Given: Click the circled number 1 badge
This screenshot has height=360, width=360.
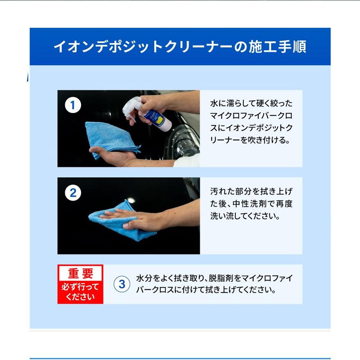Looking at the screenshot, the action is tap(73, 105).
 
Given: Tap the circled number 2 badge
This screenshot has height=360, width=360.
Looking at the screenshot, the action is tap(73, 193).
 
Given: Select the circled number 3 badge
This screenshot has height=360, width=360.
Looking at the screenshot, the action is tap(122, 284).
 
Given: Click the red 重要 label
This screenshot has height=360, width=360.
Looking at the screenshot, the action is tap(81, 273).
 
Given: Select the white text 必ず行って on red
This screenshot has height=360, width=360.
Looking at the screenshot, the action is tap(80, 287).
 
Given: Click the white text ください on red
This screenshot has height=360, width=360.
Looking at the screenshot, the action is tap(80, 297).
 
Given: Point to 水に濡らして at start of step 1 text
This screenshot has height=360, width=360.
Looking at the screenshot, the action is tap(233, 103).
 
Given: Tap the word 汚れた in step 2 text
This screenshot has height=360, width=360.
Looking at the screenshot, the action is tap(222, 191).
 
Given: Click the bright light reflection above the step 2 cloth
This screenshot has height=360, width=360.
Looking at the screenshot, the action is tap(131, 200).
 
